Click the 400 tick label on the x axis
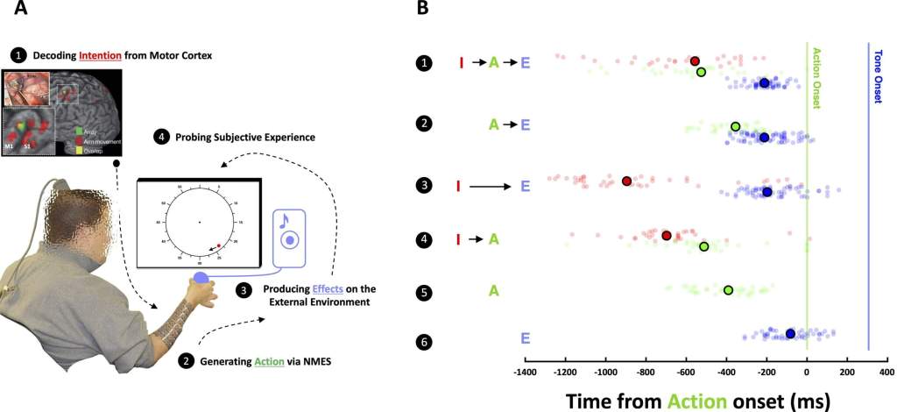(886, 373)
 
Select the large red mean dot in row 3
(626, 181)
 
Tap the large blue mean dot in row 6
(790, 333)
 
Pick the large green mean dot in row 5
(728, 289)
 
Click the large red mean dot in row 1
(695, 61)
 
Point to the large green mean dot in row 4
(704, 246)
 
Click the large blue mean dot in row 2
(764, 138)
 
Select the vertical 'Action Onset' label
(817, 79)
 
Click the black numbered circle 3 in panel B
(425, 186)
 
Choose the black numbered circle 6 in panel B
(425, 342)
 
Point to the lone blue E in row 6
(525, 337)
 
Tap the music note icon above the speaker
(285, 221)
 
